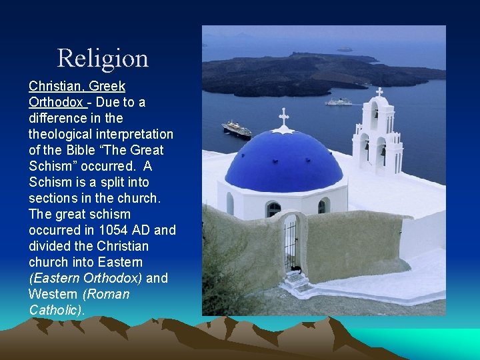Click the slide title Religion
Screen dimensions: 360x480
tap(103, 59)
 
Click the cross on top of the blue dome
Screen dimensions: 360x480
tap(284, 117)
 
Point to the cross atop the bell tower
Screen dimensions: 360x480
tap(379, 92)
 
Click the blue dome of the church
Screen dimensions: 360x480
tap(284, 160)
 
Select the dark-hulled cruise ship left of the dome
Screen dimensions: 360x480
tap(237, 129)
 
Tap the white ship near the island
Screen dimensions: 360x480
tap(338, 102)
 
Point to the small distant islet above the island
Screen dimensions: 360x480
tap(344, 49)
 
